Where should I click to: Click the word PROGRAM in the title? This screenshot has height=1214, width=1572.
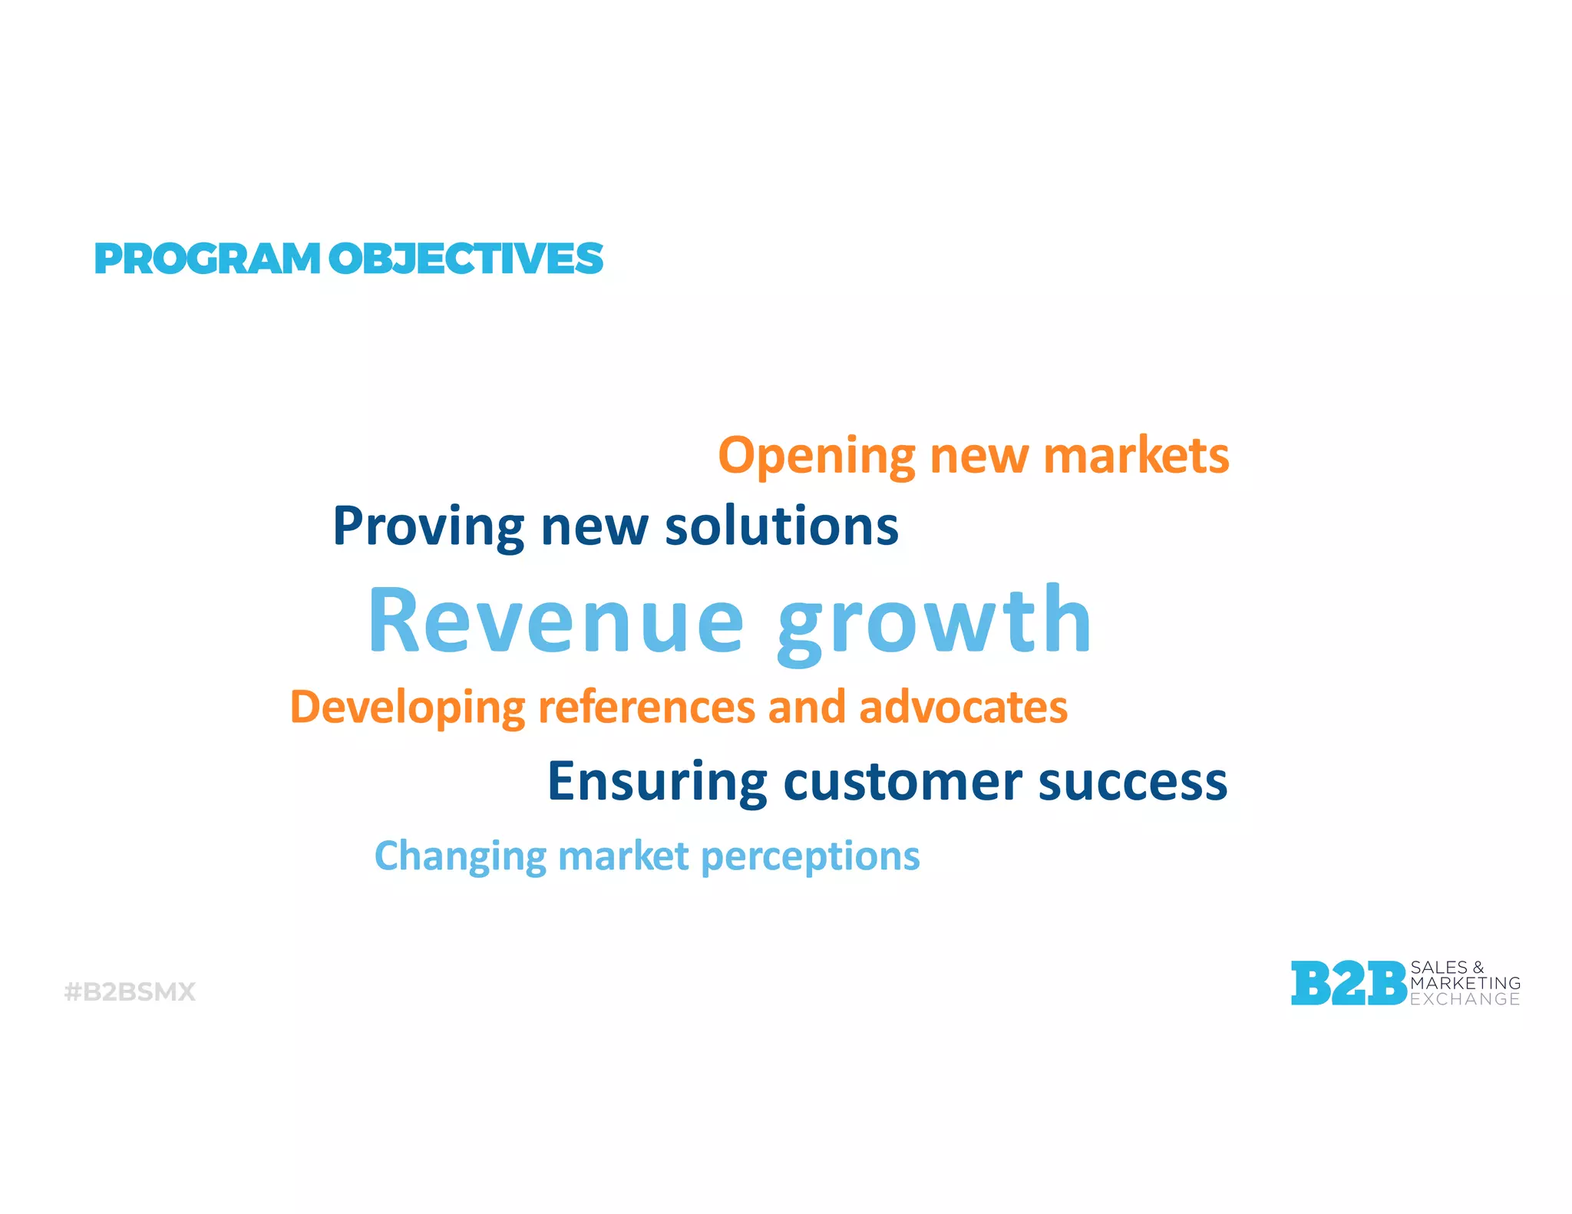pyautogui.click(x=206, y=259)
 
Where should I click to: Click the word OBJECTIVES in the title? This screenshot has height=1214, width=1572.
pyautogui.click(x=466, y=259)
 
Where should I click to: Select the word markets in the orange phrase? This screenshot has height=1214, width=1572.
pyautogui.click(x=1136, y=456)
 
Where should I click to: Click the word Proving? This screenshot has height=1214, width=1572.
pyautogui.click(x=428, y=527)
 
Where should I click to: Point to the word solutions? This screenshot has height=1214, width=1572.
pyautogui.click(x=781, y=527)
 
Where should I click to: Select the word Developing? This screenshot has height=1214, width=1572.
pyautogui.click(x=407, y=708)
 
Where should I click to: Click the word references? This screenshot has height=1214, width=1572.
pyautogui.click(x=646, y=708)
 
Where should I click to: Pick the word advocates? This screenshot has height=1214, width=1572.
pyautogui.click(x=963, y=708)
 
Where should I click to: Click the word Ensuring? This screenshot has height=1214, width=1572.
pyautogui.click(x=657, y=782)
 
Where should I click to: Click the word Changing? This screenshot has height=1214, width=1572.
pyautogui.click(x=460, y=856)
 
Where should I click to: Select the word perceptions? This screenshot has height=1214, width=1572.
pyautogui.click(x=811, y=856)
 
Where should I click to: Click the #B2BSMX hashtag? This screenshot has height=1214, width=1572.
pyautogui.click(x=130, y=992)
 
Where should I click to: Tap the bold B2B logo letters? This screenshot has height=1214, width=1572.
pyautogui.click(x=1348, y=984)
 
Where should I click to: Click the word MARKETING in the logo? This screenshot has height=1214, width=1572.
pyautogui.click(x=1465, y=983)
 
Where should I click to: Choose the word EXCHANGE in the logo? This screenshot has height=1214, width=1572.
pyautogui.click(x=1465, y=999)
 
